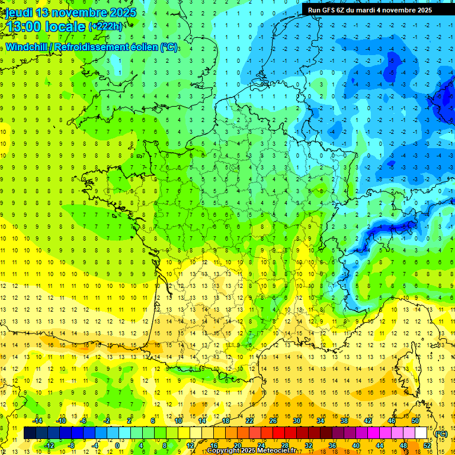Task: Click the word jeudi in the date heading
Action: point(18,12)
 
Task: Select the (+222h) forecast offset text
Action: point(106,26)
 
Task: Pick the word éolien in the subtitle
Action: point(143,47)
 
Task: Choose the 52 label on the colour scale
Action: point(427,445)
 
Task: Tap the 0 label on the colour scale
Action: point(117,445)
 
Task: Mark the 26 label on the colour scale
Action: point(273,421)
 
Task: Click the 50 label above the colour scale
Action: point(415,421)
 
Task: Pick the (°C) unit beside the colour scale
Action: point(441,433)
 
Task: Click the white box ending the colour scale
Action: point(421,433)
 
